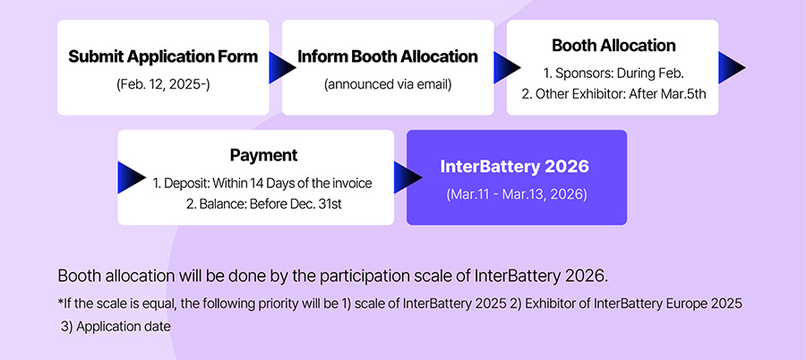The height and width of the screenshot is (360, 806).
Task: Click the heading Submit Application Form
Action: click(163, 56)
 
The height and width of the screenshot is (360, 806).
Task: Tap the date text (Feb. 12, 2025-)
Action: click(163, 84)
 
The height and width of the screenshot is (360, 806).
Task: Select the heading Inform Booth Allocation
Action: click(388, 56)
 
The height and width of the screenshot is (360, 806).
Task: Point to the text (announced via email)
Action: click(388, 84)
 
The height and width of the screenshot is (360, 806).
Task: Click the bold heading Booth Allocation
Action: click(613, 46)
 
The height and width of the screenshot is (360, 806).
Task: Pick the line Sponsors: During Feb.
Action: click(613, 73)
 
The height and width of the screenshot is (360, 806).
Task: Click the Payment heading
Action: click(263, 155)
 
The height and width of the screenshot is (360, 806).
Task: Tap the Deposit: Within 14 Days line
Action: click(262, 183)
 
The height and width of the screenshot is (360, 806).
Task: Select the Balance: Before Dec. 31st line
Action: click(263, 204)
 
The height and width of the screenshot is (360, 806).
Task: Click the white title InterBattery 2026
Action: click(515, 167)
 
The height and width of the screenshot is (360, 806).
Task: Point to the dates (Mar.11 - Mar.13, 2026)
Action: click(516, 195)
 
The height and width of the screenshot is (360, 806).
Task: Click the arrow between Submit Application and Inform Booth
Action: click(282, 67)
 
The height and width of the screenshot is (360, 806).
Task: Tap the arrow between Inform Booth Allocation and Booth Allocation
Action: click(506, 67)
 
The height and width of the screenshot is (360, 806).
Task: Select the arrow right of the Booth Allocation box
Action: click(732, 67)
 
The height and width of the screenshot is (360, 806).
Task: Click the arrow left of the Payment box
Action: click(131, 177)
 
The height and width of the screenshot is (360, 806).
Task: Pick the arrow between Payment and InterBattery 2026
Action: click(407, 177)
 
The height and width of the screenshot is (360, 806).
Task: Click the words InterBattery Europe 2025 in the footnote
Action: click(668, 304)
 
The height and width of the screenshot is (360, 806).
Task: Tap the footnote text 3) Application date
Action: click(116, 327)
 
